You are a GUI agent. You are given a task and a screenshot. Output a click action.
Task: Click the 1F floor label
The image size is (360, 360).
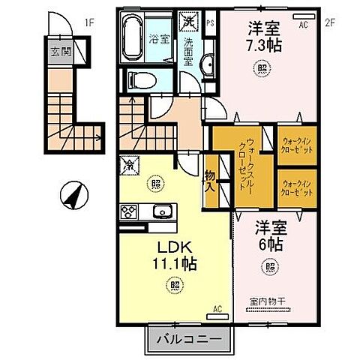[89, 22]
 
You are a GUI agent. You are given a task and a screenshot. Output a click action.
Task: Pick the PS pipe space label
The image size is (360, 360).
[209, 23]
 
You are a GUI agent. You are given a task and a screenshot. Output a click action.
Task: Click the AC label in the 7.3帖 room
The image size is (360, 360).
[304, 24]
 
